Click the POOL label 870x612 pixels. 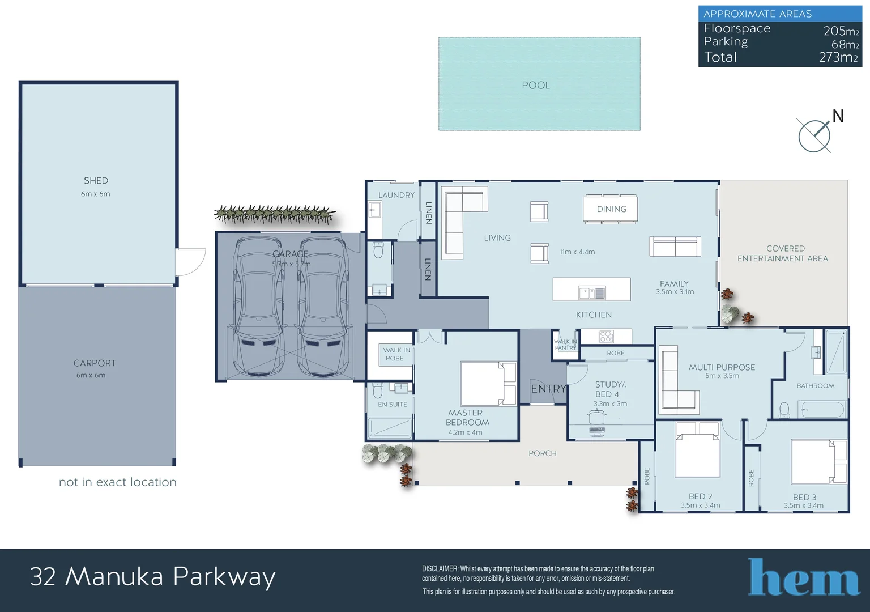click(536, 85)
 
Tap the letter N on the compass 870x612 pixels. click(838, 116)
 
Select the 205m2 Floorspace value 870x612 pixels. click(841, 31)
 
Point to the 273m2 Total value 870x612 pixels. click(838, 57)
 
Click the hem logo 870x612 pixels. click(804, 577)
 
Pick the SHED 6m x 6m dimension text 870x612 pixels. click(96, 194)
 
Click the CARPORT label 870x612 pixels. click(95, 363)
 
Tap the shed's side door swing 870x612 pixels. click(190, 262)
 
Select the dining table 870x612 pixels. click(610, 209)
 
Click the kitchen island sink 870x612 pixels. click(592, 292)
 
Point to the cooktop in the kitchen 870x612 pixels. click(606, 336)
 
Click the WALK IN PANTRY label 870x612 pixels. click(565, 345)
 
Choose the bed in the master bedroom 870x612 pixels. click(489, 384)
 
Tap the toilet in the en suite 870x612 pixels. click(377, 390)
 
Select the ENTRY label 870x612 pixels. click(548, 389)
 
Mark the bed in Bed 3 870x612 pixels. click(818, 462)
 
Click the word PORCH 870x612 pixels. click(543, 453)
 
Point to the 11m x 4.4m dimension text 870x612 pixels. click(577, 252)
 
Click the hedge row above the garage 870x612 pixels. click(275, 214)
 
